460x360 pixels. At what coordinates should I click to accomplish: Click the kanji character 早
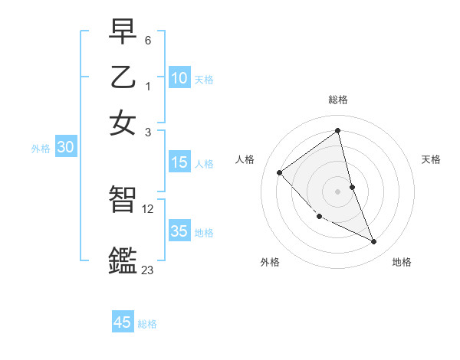[123, 31]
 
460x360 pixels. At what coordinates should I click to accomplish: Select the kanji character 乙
[123, 77]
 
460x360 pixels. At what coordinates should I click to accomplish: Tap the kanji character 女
[123, 123]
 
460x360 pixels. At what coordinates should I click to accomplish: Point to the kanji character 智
[123, 200]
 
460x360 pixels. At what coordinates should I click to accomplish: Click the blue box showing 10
[179, 78]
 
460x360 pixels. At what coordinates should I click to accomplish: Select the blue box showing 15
[179, 162]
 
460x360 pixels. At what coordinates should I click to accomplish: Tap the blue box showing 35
[179, 231]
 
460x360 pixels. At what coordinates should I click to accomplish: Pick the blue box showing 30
[64, 148]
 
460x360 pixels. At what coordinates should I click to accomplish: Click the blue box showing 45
[123, 322]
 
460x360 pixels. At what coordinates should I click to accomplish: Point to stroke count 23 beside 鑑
[147, 270]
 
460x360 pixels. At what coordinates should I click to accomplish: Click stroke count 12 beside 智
[148, 208]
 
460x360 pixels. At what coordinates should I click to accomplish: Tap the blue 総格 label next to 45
[147, 324]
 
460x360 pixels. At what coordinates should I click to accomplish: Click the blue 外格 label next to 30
[41, 149]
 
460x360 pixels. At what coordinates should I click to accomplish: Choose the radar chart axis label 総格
[337, 100]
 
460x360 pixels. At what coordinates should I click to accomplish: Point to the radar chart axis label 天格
[431, 159]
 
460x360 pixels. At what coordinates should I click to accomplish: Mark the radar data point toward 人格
[280, 172]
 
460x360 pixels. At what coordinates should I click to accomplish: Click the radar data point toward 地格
[373, 241]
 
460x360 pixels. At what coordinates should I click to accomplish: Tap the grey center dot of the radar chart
[337, 191]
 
